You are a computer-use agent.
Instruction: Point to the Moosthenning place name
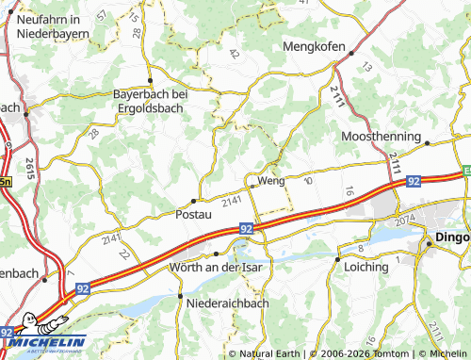[382, 137]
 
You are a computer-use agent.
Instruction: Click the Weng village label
[270, 180]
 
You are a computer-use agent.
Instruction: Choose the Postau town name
[194, 214]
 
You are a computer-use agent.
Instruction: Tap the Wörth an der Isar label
[214, 268]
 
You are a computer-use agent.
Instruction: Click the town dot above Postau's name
[194, 200]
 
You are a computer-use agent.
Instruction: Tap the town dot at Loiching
[337, 257]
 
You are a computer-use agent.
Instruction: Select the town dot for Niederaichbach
[179, 295]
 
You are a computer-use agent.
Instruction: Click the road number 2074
[405, 221]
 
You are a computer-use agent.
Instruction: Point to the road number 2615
[31, 171]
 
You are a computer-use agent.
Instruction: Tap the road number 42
[233, 54]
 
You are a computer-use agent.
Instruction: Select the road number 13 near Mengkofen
[366, 67]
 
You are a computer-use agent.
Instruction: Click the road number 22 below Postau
[124, 254]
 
